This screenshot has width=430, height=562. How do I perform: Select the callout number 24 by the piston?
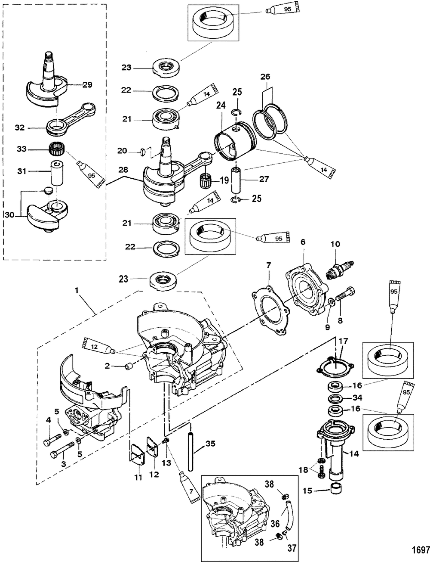[x=221, y=105]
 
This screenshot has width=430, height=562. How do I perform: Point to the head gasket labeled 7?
[x=270, y=310]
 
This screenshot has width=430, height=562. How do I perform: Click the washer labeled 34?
[x=336, y=398]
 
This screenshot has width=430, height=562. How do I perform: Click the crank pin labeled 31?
[x=56, y=173]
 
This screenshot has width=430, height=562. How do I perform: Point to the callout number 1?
[x=77, y=291]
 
